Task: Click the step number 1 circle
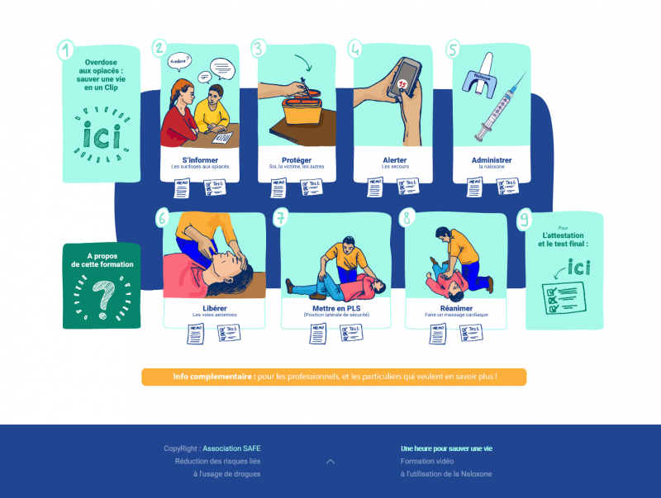click(x=66, y=50)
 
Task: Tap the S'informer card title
click(x=200, y=160)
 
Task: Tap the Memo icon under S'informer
click(x=182, y=188)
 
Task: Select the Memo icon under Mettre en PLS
click(x=318, y=334)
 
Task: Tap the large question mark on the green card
click(x=102, y=298)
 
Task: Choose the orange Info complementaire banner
click(x=334, y=377)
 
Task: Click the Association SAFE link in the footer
click(x=231, y=448)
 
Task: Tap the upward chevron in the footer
click(x=330, y=462)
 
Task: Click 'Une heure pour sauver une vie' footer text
click(x=446, y=448)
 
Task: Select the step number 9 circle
click(x=524, y=220)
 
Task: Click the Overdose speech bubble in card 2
click(x=179, y=61)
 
